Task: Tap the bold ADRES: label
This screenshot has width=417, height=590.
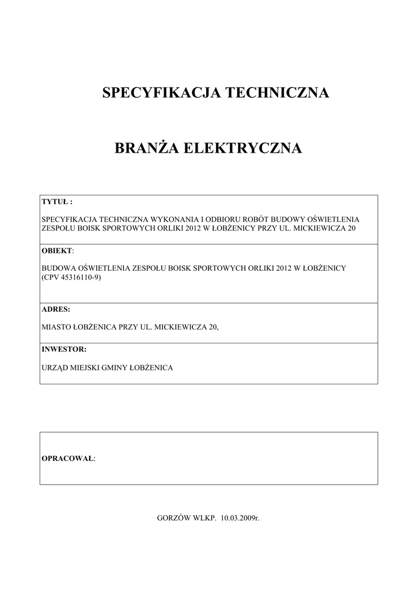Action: (x=56, y=309)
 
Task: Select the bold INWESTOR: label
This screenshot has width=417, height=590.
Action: (x=64, y=349)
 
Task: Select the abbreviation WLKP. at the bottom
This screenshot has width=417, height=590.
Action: (x=206, y=518)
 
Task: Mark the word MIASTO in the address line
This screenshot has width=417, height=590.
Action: (x=57, y=327)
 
